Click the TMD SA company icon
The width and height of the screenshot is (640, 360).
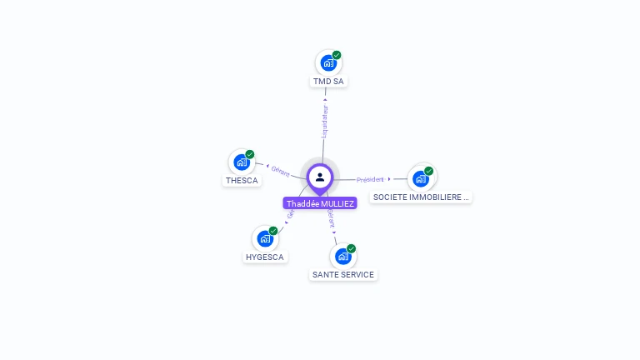tap(328, 62)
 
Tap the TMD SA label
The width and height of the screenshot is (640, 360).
tap(328, 82)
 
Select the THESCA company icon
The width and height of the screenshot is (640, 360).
tap(242, 162)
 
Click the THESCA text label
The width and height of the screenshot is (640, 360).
tap(242, 181)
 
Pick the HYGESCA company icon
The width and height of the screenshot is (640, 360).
tap(265, 238)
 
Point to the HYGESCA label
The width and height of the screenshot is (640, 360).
tap(265, 257)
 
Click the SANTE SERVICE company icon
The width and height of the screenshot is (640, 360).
tap(342, 256)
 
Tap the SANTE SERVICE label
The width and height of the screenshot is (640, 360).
tap(343, 275)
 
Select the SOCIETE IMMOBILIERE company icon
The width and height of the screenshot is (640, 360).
tap(421, 178)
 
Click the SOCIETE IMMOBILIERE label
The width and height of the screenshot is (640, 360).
tap(421, 197)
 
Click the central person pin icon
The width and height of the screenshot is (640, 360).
tap(320, 177)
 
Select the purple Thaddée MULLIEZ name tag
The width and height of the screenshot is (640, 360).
tap(320, 203)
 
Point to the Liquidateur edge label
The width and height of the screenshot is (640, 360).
tap(325, 121)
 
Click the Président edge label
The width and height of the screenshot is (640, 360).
tap(370, 179)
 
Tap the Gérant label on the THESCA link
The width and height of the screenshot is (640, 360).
tap(281, 172)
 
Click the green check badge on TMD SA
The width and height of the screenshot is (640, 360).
tap(337, 55)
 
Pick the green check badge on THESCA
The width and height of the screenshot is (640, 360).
tap(250, 154)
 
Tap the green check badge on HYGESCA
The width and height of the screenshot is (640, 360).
tap(273, 231)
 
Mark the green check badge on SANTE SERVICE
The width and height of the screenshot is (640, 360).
tap(352, 248)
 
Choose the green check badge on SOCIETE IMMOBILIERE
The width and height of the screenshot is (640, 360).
tap(429, 171)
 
